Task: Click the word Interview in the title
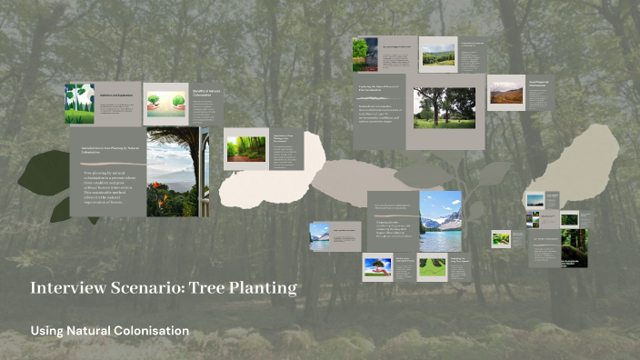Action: (x=65, y=288)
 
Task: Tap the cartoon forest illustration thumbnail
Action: (x=79, y=104)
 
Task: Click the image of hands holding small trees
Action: (x=165, y=104)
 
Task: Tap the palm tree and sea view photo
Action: (x=172, y=172)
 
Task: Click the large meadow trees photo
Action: (x=444, y=108)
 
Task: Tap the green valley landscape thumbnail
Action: (x=437, y=55)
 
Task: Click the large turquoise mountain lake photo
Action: (x=441, y=221)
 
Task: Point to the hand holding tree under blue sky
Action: (x=377, y=266)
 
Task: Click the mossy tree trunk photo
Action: (x=575, y=246)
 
